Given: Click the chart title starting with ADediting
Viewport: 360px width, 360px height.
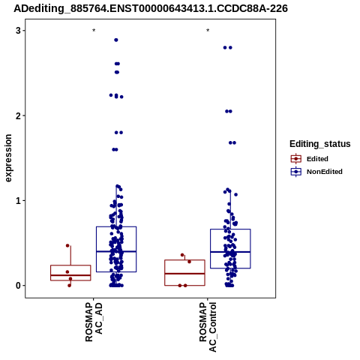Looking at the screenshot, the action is click(x=151, y=8).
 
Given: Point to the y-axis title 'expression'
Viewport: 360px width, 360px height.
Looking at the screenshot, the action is click(x=8, y=158).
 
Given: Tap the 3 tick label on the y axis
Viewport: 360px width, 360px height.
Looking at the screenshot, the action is click(x=18, y=31).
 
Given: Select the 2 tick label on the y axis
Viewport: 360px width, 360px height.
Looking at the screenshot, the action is click(x=18, y=115).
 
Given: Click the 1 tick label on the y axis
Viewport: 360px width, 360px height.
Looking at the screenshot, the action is click(x=18, y=200).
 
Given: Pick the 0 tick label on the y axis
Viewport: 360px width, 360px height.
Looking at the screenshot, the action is click(x=18, y=286).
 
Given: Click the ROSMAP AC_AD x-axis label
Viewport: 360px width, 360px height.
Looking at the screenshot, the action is click(x=94, y=322).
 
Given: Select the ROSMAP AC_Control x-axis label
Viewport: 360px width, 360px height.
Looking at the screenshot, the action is click(x=208, y=327).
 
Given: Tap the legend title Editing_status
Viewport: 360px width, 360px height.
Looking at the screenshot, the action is click(x=320, y=144).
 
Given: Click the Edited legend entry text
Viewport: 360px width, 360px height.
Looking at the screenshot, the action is click(x=317, y=159).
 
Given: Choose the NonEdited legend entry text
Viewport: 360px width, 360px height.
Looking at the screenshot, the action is click(x=325, y=172).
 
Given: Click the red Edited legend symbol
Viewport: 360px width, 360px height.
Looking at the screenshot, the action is click(x=296, y=159).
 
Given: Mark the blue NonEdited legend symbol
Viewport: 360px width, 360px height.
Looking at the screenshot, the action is click(x=296, y=172).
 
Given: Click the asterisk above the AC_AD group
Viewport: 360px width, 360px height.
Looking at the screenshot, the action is click(x=94, y=31).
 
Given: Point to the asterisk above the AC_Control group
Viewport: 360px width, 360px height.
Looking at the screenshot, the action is click(x=208, y=31).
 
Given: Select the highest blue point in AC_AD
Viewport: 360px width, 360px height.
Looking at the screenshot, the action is click(x=116, y=40).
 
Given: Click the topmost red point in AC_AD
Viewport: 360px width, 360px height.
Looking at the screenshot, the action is click(x=67, y=245).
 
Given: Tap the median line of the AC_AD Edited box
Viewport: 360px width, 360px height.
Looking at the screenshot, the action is click(x=70, y=275).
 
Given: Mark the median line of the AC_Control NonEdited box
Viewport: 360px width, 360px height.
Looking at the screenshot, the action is click(x=230, y=252).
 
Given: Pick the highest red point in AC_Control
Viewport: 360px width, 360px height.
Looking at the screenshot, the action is click(x=182, y=255).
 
